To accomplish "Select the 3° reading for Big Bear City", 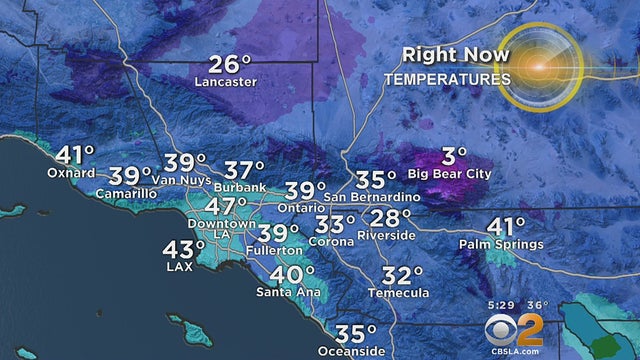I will pos(455,156).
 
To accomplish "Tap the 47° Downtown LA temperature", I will pos(227,206).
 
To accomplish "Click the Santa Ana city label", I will pos(286,292).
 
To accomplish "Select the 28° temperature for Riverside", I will pos(392,218).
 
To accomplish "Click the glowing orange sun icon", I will pos(540,66).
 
